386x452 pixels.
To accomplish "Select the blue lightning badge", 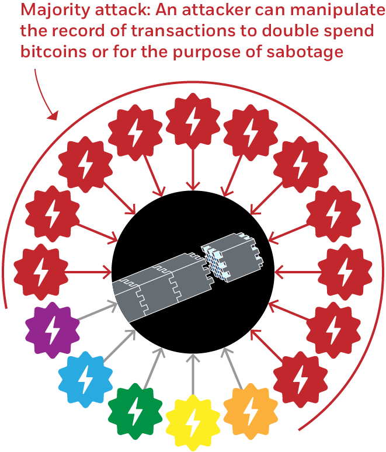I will pos(86,378).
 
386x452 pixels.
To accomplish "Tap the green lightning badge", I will pos(135,411).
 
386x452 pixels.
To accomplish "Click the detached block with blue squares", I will pos(231,259).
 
